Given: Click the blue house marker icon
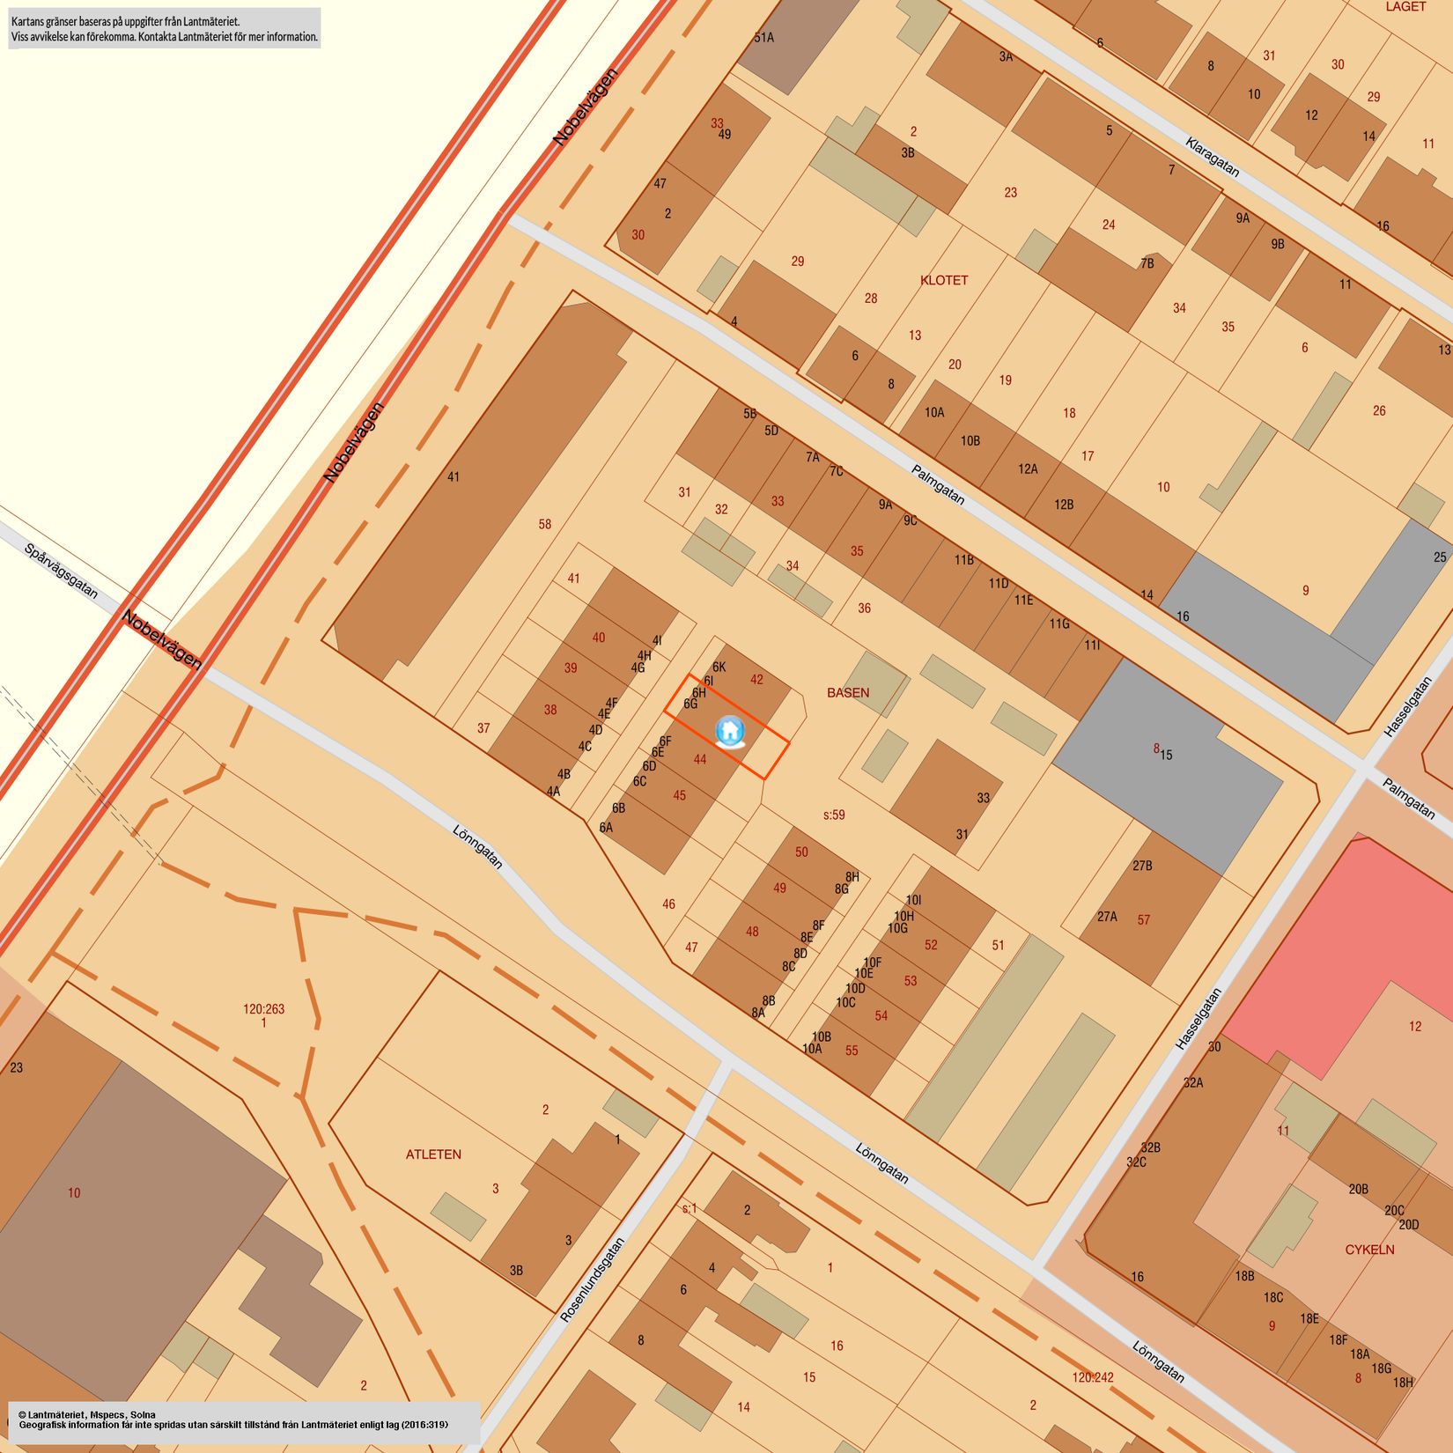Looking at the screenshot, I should pos(730,731).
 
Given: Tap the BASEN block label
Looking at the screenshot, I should pos(848,693).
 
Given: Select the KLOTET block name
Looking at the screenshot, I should pos(944,280).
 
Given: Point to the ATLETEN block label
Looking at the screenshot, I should pos(433,1154).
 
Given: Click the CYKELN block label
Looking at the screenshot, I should pos(1369,1250).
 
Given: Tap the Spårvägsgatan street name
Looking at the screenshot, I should pos(62,571).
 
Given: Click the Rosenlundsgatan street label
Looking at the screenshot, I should pos(593,1280).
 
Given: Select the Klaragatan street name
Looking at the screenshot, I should pos(1213,157).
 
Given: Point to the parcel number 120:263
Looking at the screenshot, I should pos(264,1009).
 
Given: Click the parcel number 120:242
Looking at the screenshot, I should pos(1093,1377).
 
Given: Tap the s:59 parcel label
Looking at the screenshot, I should pos(834,815).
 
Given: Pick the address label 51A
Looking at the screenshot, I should pos(763,38).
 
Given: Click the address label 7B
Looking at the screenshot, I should pos(1147,263).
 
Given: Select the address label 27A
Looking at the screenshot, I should pos(1107,917).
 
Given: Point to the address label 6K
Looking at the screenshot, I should pos(719,667).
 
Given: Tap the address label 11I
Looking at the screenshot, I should pos(1092,645).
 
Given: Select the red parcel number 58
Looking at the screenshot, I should pos(545,525).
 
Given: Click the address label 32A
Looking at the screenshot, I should pos(1193,1083).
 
